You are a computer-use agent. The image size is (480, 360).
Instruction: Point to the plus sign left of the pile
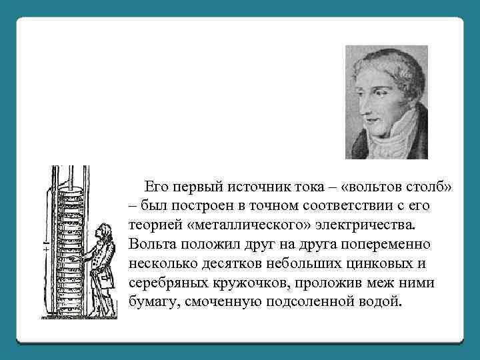pos(45,248)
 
